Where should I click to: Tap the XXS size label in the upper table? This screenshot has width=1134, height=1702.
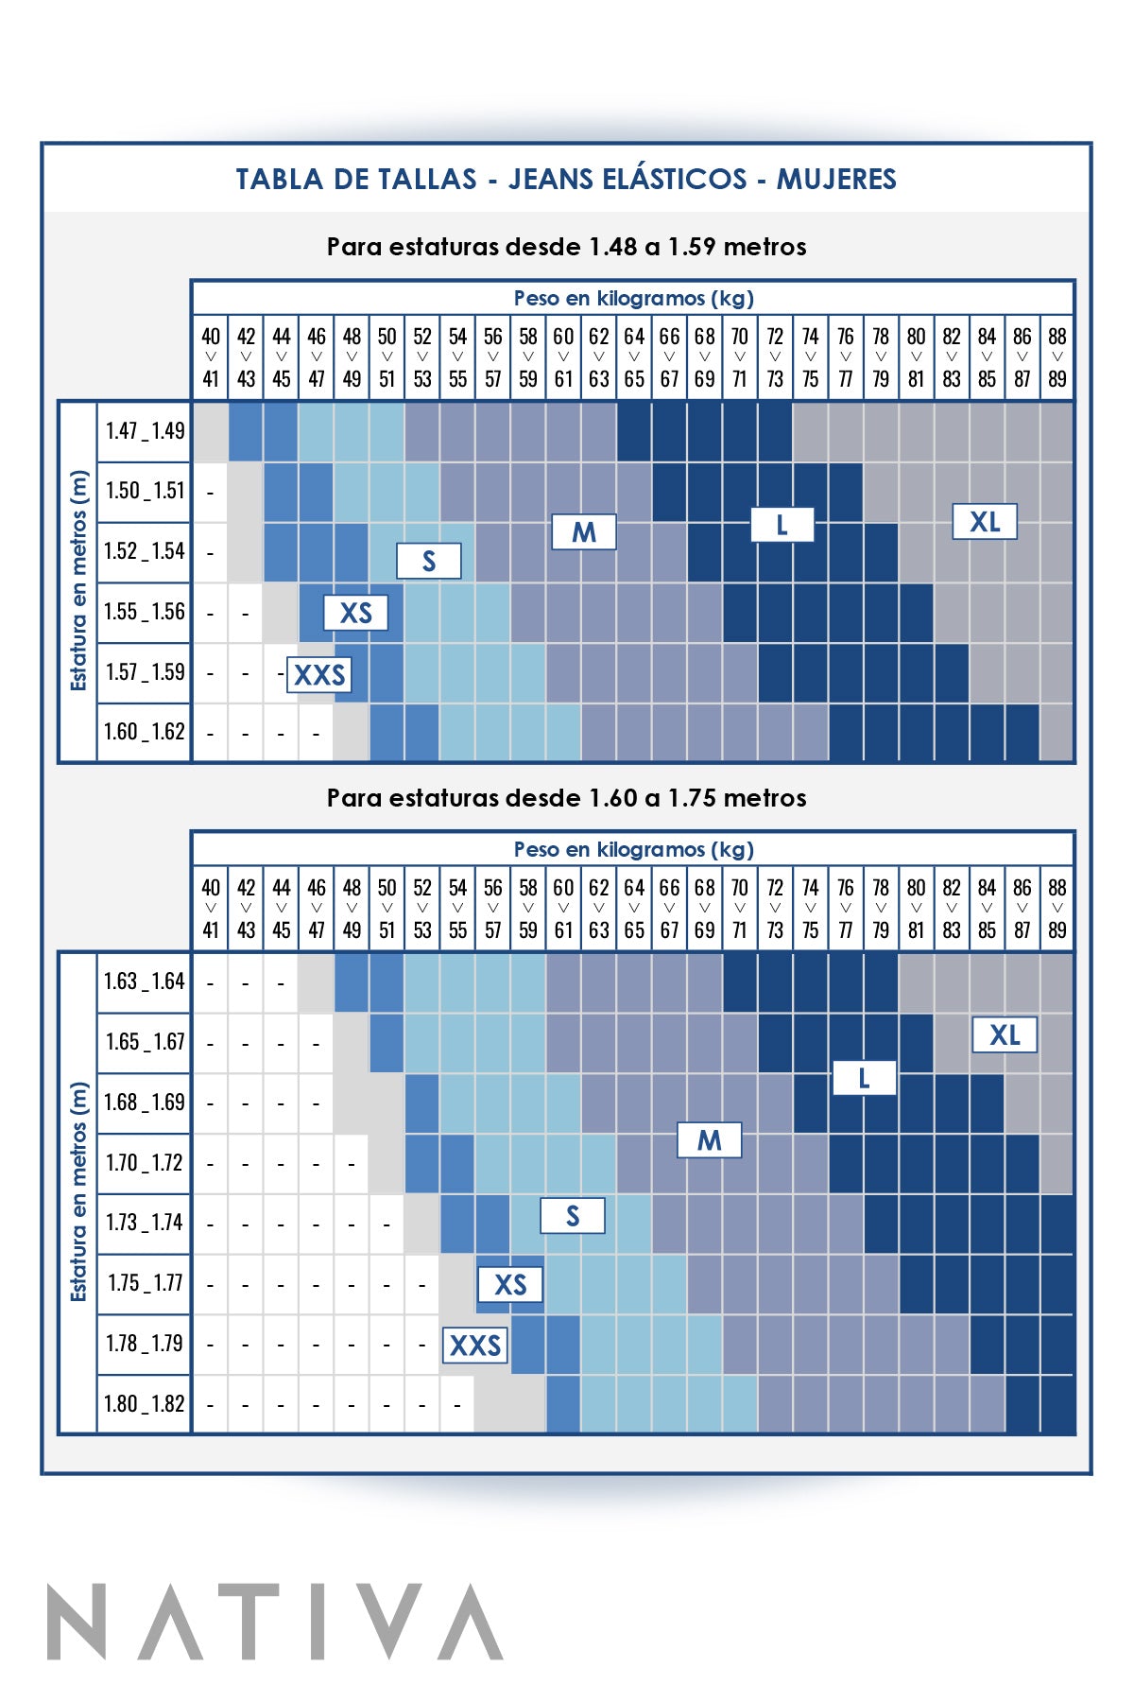click(319, 675)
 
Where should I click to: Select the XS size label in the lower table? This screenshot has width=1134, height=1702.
click(510, 1284)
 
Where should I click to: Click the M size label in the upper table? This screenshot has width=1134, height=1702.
click(584, 532)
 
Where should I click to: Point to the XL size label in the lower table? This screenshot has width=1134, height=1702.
click(1005, 1035)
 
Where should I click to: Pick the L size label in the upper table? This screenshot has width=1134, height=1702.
click(782, 525)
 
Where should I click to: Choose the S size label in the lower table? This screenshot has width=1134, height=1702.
click(572, 1216)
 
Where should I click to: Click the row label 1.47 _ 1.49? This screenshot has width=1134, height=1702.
click(145, 431)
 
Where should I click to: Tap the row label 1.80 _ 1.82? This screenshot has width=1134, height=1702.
click(145, 1404)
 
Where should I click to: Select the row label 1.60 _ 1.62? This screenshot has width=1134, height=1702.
click(145, 732)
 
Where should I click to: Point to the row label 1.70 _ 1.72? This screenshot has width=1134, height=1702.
click(145, 1163)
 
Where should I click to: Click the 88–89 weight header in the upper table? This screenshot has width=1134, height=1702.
click(1057, 357)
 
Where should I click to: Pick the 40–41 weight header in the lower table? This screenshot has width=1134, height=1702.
click(211, 909)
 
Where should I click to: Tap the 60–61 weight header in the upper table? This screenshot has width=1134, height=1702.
click(563, 357)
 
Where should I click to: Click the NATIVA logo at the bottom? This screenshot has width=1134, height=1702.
click(275, 1622)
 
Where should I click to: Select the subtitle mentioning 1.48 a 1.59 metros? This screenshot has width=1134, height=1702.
click(566, 247)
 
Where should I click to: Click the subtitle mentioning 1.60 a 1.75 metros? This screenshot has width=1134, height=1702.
click(566, 798)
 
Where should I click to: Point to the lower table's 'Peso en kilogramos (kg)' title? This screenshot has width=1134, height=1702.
click(633, 849)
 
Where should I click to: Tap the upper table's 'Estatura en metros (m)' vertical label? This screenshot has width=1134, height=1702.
click(78, 581)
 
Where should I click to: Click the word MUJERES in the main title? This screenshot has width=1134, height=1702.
click(836, 179)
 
